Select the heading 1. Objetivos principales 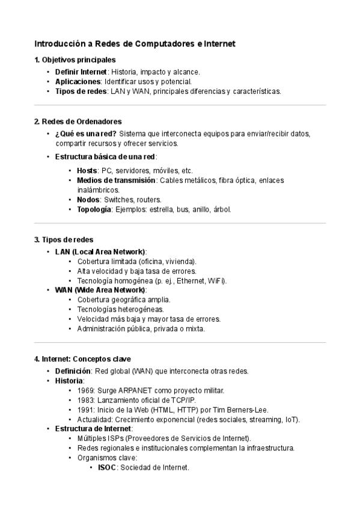point(75,60)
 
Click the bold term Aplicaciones point(78,81)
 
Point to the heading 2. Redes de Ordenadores point(78,121)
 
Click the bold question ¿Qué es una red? point(86,134)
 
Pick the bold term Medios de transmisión point(116,180)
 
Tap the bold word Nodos point(88,200)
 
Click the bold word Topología point(94,209)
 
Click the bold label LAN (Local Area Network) point(100,251)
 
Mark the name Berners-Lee point(248,410)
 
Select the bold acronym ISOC point(107,467)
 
